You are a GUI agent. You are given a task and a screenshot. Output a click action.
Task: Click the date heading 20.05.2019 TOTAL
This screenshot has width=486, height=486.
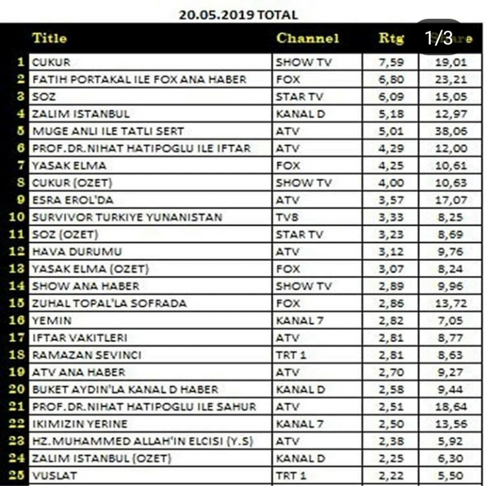(238, 14)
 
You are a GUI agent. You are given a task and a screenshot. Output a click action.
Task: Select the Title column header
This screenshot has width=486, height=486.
(49, 38)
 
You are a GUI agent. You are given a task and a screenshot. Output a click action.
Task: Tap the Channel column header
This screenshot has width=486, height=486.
(307, 38)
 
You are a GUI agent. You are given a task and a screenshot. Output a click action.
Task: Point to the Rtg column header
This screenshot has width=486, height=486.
(391, 38)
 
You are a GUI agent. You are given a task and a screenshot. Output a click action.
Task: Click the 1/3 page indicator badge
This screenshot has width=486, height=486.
(439, 38)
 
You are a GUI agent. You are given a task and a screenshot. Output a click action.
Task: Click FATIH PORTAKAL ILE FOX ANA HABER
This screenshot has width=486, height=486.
(139, 80)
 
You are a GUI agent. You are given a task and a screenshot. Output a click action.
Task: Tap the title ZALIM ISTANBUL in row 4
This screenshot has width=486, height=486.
(80, 113)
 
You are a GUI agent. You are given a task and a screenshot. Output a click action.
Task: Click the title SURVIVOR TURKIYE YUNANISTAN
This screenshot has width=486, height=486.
(127, 217)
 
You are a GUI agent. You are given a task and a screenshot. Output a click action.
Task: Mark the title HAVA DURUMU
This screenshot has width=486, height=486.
(77, 252)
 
